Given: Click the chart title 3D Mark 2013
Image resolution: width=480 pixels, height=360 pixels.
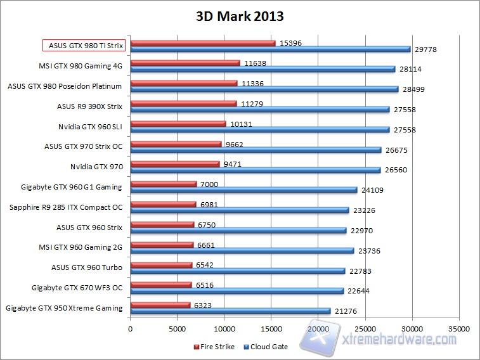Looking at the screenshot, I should [x=240, y=16].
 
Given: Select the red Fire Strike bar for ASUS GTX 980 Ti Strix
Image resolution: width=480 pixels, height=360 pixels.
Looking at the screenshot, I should [x=202, y=43].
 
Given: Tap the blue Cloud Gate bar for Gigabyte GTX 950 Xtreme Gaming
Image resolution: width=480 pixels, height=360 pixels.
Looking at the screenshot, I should [x=230, y=311].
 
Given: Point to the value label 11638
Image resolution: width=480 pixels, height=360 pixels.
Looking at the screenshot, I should [x=256, y=63].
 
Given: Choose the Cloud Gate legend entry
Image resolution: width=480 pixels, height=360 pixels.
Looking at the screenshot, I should [x=267, y=347].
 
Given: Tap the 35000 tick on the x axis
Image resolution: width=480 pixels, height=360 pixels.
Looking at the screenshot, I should [x=458, y=330].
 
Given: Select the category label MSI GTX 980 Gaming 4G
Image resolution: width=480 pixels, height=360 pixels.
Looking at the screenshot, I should [x=81, y=65].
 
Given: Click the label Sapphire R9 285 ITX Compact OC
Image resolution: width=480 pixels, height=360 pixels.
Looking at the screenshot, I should [x=66, y=207].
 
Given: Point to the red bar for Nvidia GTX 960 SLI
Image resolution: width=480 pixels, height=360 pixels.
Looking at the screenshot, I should [x=178, y=124].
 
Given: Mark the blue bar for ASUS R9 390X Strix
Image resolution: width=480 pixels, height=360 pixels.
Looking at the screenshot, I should [x=260, y=110].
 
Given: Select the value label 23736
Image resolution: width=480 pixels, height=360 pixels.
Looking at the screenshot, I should [x=370, y=251].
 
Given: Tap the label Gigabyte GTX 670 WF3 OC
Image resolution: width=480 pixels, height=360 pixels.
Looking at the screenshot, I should [x=77, y=288].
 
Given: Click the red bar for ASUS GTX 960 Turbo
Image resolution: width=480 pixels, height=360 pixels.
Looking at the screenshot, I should [x=161, y=265].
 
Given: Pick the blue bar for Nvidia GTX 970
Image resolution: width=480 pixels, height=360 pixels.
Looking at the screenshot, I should [x=256, y=169].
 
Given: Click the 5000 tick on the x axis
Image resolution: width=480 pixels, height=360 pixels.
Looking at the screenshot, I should [x=177, y=330].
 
